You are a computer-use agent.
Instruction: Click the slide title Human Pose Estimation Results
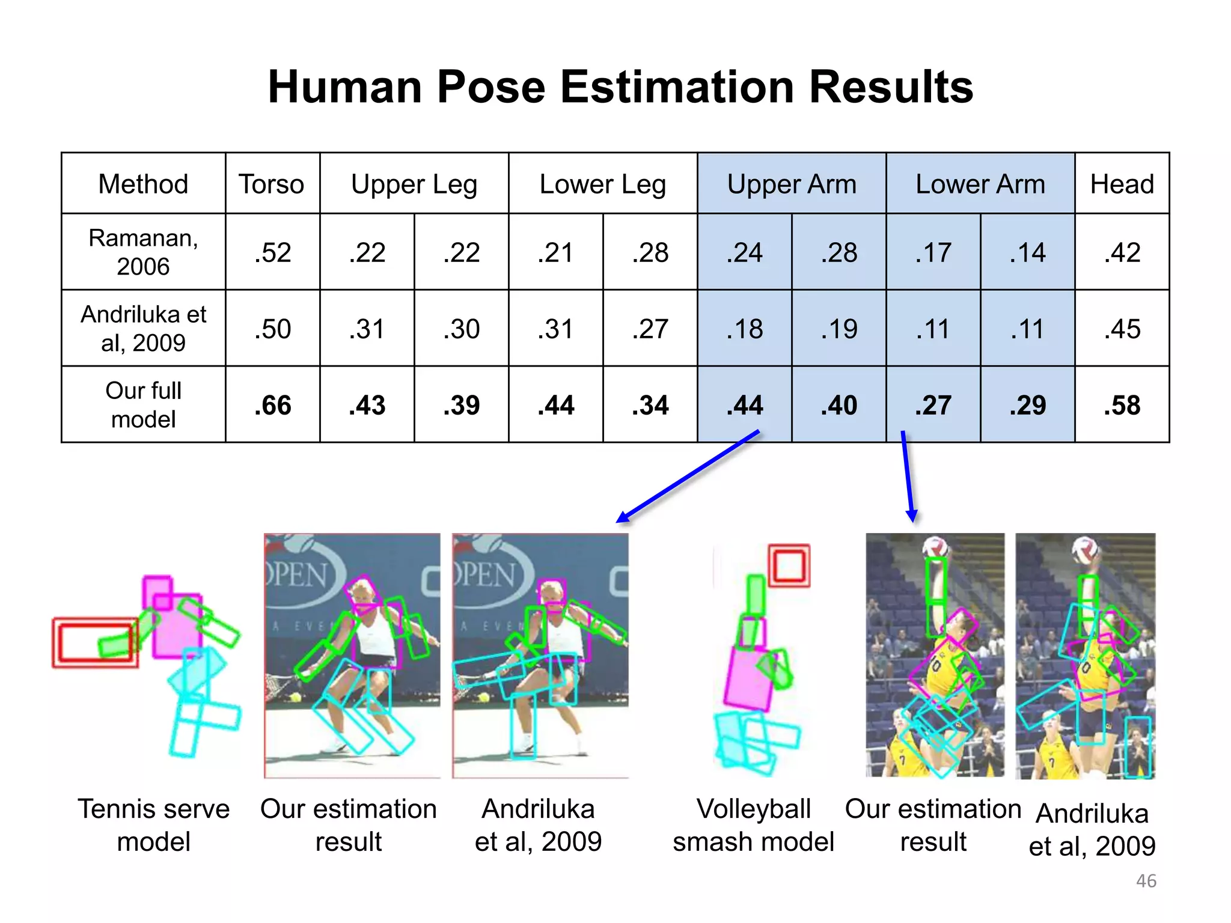[620, 87]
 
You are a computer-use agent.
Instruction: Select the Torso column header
[272, 184]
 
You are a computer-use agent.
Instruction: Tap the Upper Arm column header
[792, 184]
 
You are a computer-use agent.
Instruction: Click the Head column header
[1122, 184]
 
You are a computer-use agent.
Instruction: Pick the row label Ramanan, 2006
[143, 252]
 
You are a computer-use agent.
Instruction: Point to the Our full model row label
[143, 405]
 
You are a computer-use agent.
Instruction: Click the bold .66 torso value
[272, 405]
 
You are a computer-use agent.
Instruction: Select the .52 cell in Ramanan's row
[272, 252]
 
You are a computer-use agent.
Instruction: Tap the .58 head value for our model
[1122, 405]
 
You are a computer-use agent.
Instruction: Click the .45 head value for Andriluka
[1122, 329]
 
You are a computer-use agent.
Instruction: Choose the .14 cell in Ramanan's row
[1027, 252]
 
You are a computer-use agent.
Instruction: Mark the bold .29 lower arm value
[1027, 405]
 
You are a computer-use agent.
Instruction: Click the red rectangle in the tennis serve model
[95, 642]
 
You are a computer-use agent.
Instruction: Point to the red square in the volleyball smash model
[789, 565]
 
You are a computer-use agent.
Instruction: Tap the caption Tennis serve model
[153, 825]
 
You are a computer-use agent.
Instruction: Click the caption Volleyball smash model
[753, 825]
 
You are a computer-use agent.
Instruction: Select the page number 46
[1146, 881]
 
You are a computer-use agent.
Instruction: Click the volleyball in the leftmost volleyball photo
[936, 546]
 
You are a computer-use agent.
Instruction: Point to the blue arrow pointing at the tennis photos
[688, 476]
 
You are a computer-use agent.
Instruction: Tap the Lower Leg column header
[603, 184]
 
